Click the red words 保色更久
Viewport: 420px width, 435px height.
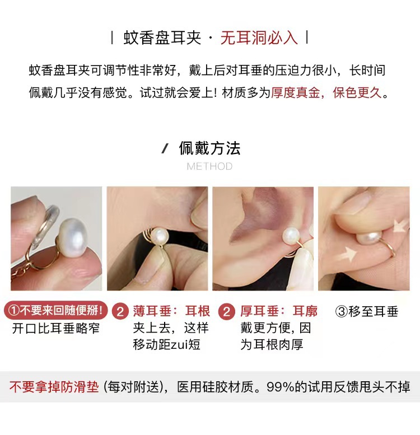tap(357, 92)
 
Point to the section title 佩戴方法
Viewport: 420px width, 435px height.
tap(209, 148)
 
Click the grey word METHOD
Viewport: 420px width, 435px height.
tap(209, 166)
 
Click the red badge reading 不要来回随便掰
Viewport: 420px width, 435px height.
tap(54, 310)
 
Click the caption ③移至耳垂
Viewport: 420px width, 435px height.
tap(366, 311)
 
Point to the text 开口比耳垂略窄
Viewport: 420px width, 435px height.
tap(56, 328)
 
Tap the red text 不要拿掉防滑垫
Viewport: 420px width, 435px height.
tap(54, 387)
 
